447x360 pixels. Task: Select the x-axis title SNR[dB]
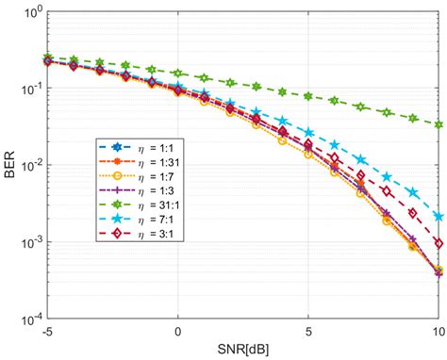point(242,351)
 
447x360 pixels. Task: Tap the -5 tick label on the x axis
point(47,333)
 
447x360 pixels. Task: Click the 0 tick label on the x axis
point(178,333)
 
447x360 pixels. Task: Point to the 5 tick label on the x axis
point(308,333)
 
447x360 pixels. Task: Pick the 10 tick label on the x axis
point(438,333)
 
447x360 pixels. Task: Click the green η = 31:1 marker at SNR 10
point(439,124)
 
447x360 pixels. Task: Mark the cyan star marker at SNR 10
point(439,216)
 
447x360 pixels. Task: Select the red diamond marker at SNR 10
point(439,243)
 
